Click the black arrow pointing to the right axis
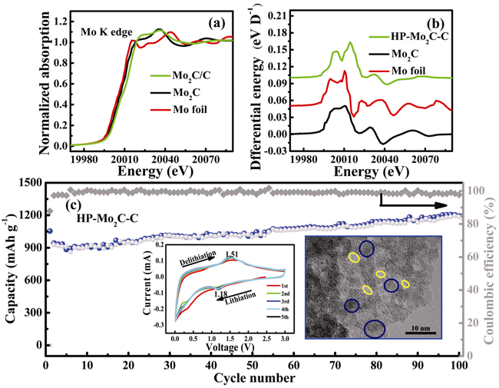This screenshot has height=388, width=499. click(415, 205)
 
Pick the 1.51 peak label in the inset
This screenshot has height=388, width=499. click(235, 254)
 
